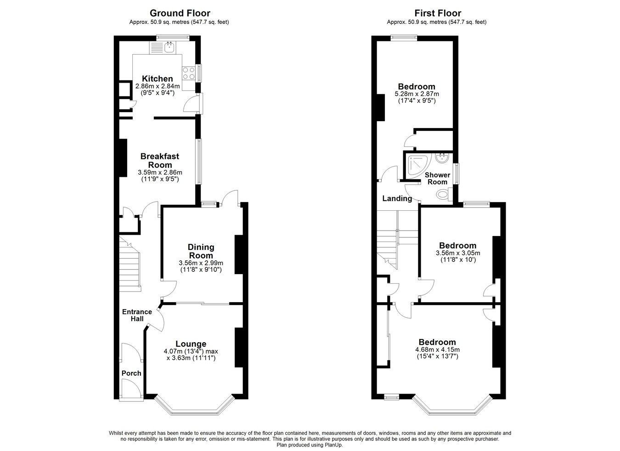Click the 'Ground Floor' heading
(180, 13)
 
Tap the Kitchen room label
(157, 79)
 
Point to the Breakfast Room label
(160, 160)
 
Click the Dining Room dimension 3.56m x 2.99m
(201, 263)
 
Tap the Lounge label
(191, 344)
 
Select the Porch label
(131, 373)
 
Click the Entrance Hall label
(137, 315)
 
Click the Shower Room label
(437, 178)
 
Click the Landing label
(397, 198)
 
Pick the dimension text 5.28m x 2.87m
(416, 94)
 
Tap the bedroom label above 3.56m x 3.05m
(457, 245)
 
